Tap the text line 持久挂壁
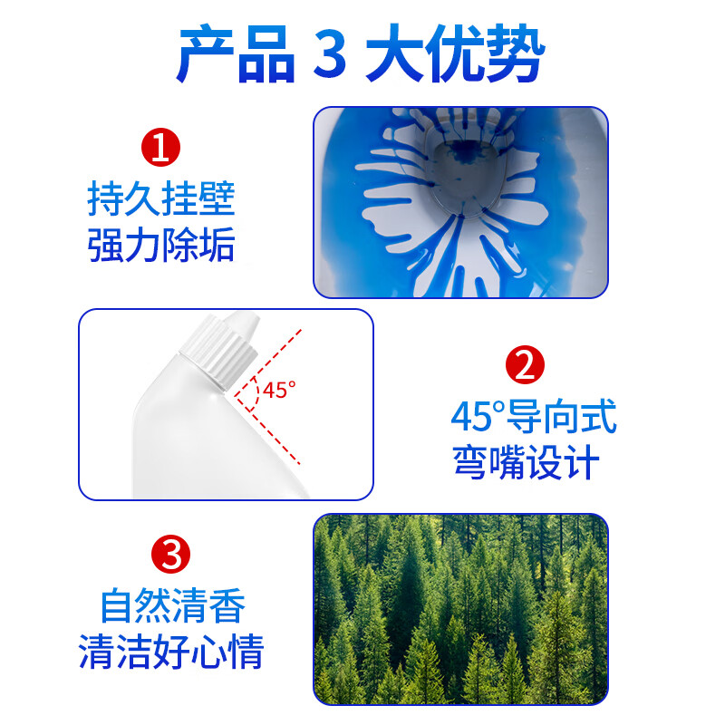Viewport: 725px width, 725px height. [161, 199]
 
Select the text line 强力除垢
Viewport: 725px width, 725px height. [161, 246]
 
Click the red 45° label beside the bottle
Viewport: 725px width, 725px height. [280, 391]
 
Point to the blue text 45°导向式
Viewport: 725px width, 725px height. [534, 418]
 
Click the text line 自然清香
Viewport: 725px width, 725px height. [172, 605]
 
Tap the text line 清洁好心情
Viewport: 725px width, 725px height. [172, 652]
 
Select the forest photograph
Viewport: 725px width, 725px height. [459, 609]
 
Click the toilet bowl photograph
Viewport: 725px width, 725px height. [459, 202]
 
